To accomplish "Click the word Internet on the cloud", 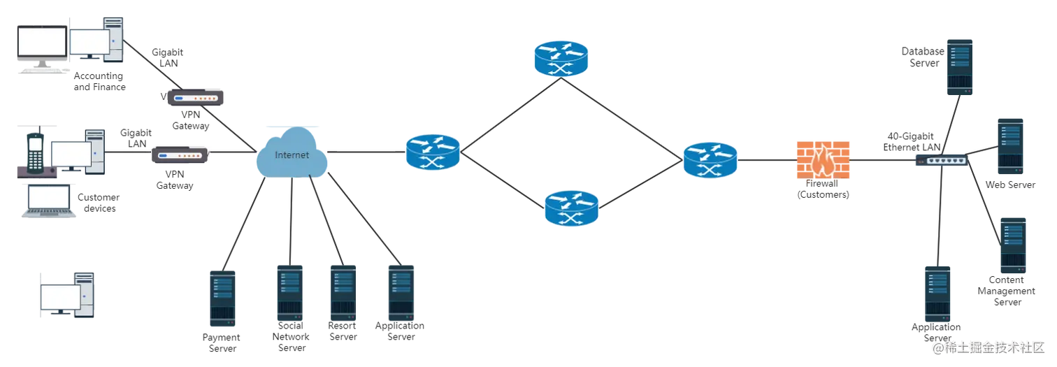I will (x=292, y=155).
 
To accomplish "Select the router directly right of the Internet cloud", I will (x=433, y=150).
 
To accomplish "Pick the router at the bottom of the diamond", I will (x=571, y=208).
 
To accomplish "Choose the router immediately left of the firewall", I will (x=710, y=160).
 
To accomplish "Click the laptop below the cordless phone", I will (x=48, y=203).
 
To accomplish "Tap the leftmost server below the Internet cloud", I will (x=224, y=296).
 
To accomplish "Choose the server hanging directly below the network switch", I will (x=938, y=297).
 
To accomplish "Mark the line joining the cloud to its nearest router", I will (x=366, y=150).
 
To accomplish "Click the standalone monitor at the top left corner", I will (x=41, y=46).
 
